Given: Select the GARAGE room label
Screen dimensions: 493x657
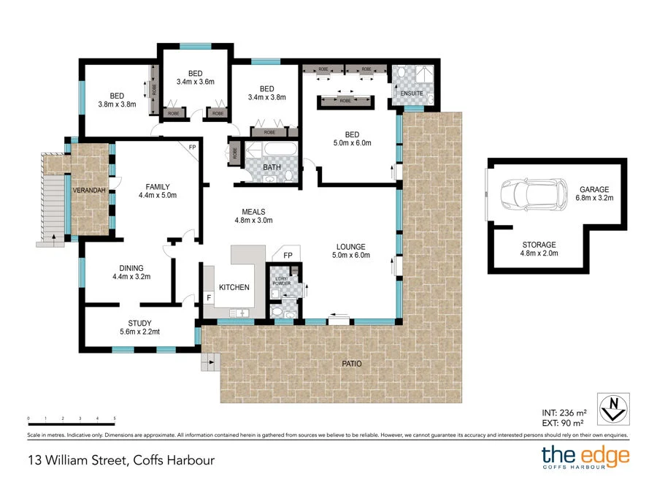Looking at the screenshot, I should click(594, 188).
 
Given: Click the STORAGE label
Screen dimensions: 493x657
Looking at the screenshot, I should click(539, 245).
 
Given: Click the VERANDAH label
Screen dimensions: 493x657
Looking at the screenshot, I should click(88, 191).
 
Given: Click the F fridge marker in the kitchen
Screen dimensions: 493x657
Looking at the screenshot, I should click(208, 298).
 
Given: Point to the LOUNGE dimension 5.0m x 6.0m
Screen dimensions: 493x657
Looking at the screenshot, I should click(350, 256).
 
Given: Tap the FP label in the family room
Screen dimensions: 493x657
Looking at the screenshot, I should click(193, 148).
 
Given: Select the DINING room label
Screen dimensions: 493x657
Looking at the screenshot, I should click(128, 268).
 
